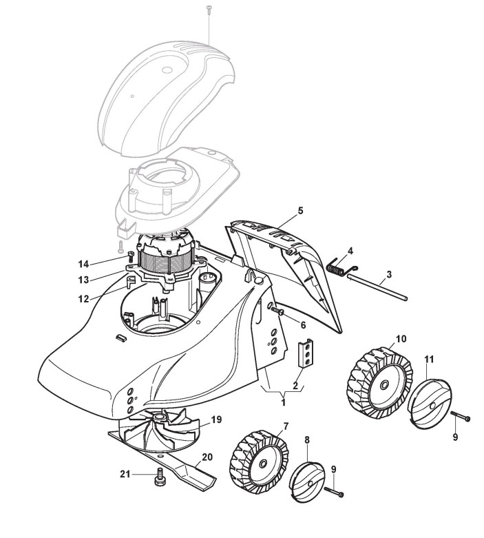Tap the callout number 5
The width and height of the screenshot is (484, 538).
(x=300, y=209)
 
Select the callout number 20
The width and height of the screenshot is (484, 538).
(x=206, y=457)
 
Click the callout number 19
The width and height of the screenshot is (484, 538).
(x=216, y=419)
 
